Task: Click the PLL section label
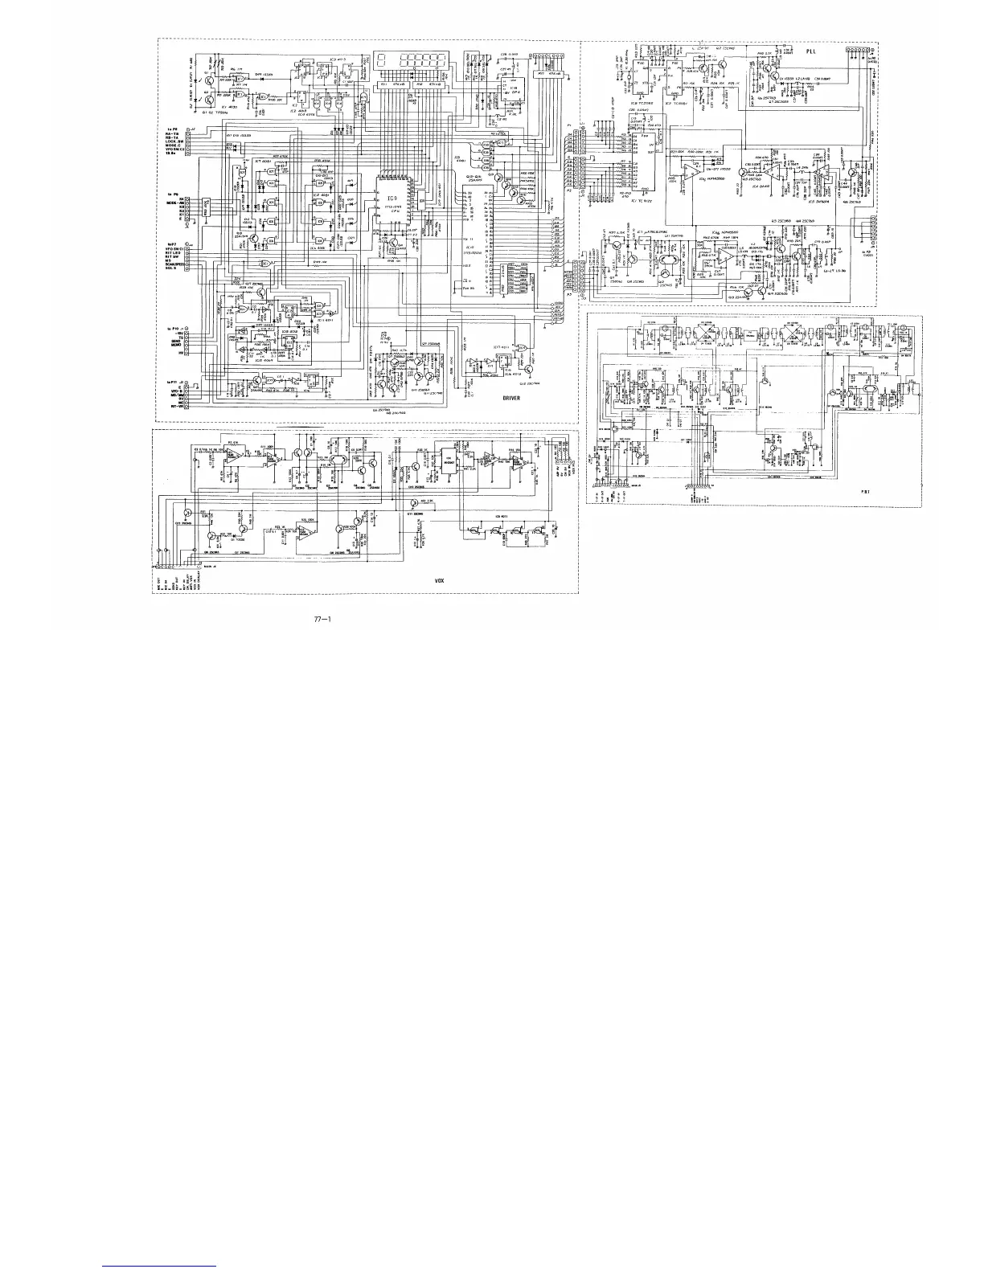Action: tap(811, 51)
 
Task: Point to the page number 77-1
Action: tap(323, 619)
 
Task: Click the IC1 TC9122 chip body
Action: tap(643, 169)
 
